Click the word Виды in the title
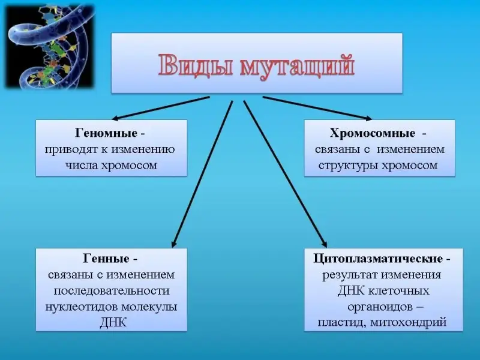pyautogui.click(x=195, y=65)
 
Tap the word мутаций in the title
pyautogui.click(x=298, y=65)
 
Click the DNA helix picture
pyautogui.click(x=50, y=46)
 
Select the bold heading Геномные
pyautogui.click(x=106, y=133)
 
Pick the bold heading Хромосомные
pyautogui.click(x=373, y=133)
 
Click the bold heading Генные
pyautogui.click(x=106, y=259)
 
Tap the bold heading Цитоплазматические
pyautogui.click(x=378, y=259)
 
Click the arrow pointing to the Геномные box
pyautogui.click(x=160, y=108)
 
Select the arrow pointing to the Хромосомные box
pyautogui.click(x=317, y=108)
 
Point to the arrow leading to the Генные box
pyautogui.click(x=202, y=174)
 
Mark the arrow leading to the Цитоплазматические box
pyautogui.click(x=285, y=174)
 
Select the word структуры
pyautogui.click(x=349, y=166)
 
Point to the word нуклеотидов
pyautogui.click(x=82, y=307)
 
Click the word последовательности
pyautogui.click(x=112, y=290)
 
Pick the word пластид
pyautogui.click(x=341, y=323)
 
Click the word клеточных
pyautogui.click(x=398, y=290)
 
